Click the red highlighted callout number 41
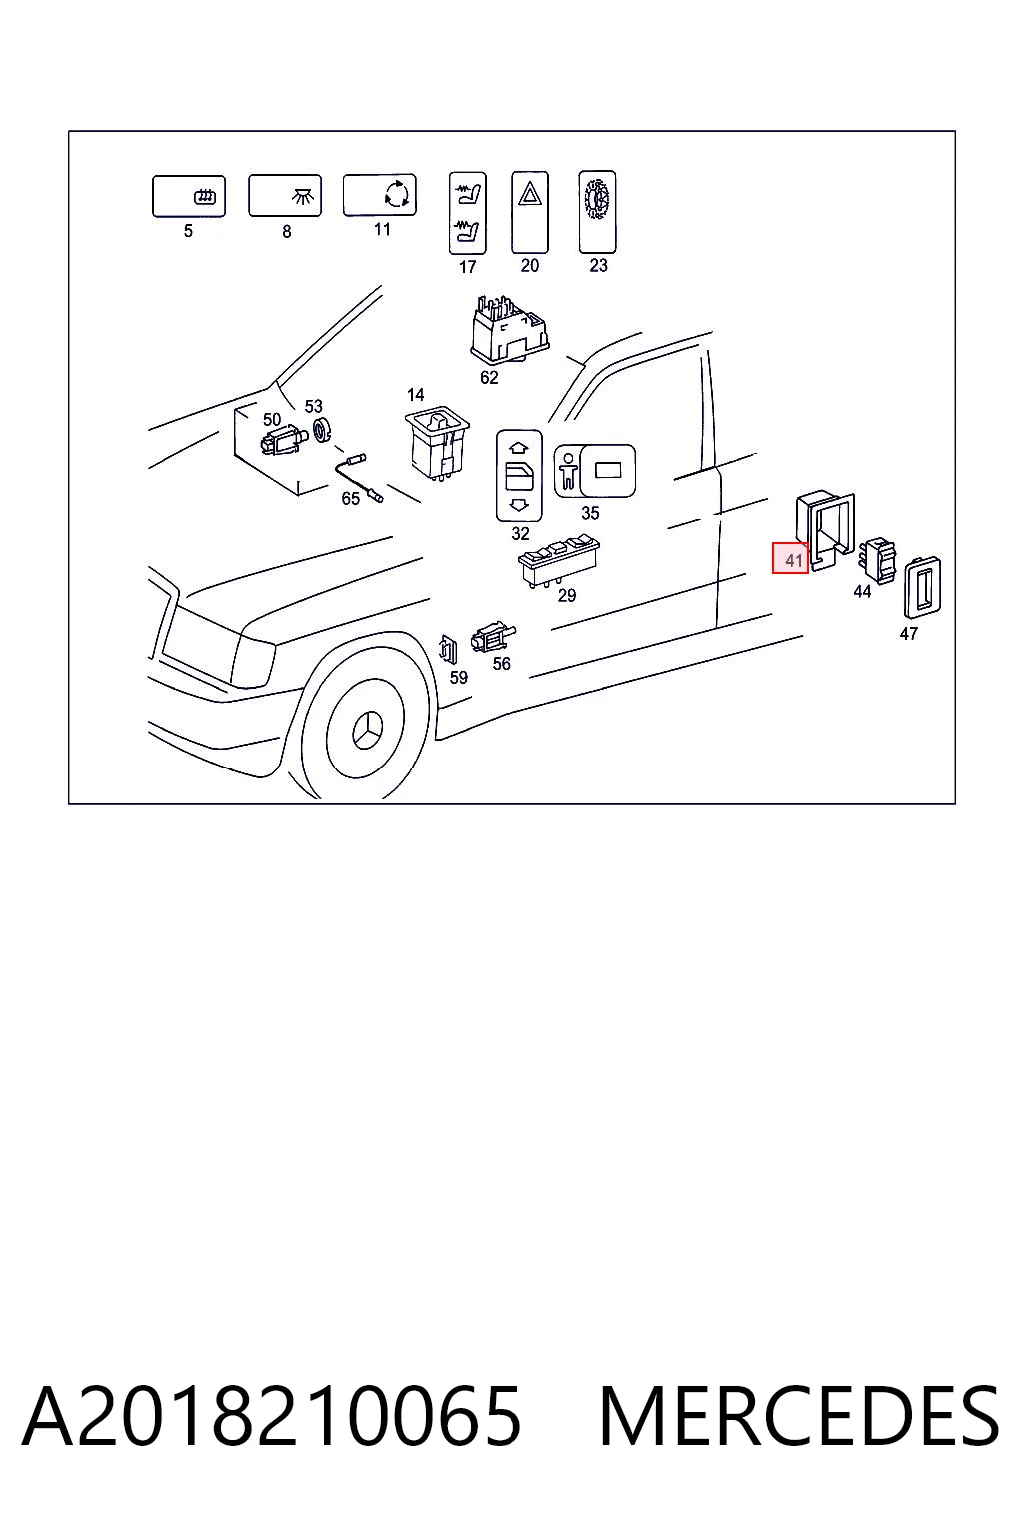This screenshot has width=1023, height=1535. [x=790, y=559]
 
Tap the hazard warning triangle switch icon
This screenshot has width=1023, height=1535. [x=530, y=212]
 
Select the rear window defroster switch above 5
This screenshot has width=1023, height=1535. [x=189, y=196]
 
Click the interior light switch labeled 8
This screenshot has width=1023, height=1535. [x=285, y=195]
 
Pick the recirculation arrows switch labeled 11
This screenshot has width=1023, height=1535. [x=379, y=195]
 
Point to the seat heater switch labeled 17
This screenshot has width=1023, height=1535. [x=468, y=213]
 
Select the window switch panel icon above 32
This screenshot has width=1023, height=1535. [x=519, y=476]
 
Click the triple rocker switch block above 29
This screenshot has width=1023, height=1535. [x=559, y=560]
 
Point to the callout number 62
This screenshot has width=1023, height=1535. [x=489, y=377]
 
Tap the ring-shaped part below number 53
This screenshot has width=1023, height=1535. [x=322, y=430]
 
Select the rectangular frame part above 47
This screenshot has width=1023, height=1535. [x=922, y=587]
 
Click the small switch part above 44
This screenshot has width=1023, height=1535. [x=878, y=560]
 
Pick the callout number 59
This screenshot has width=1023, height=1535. [x=458, y=677]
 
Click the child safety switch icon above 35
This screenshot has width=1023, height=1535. [x=594, y=470]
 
